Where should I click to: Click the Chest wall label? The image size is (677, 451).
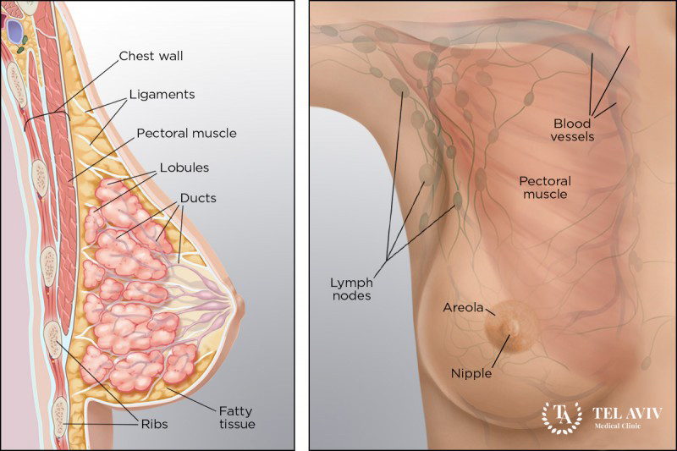(151, 57)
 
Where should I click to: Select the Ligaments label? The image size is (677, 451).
(162, 94)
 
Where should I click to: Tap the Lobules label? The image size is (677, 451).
(184, 167)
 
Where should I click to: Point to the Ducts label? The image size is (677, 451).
(198, 198)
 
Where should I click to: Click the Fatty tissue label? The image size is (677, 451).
(234, 416)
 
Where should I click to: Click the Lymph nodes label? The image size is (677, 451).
(350, 289)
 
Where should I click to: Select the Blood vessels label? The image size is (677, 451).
(573, 129)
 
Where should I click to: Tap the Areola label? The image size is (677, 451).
(463, 307)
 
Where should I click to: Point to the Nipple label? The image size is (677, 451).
(472, 372)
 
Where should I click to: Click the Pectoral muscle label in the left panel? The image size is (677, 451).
(186, 133)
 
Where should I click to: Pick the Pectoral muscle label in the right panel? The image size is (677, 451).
(545, 187)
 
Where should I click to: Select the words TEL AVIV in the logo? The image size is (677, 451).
(627, 414)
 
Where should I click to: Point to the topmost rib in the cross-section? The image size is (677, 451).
(15, 79)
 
